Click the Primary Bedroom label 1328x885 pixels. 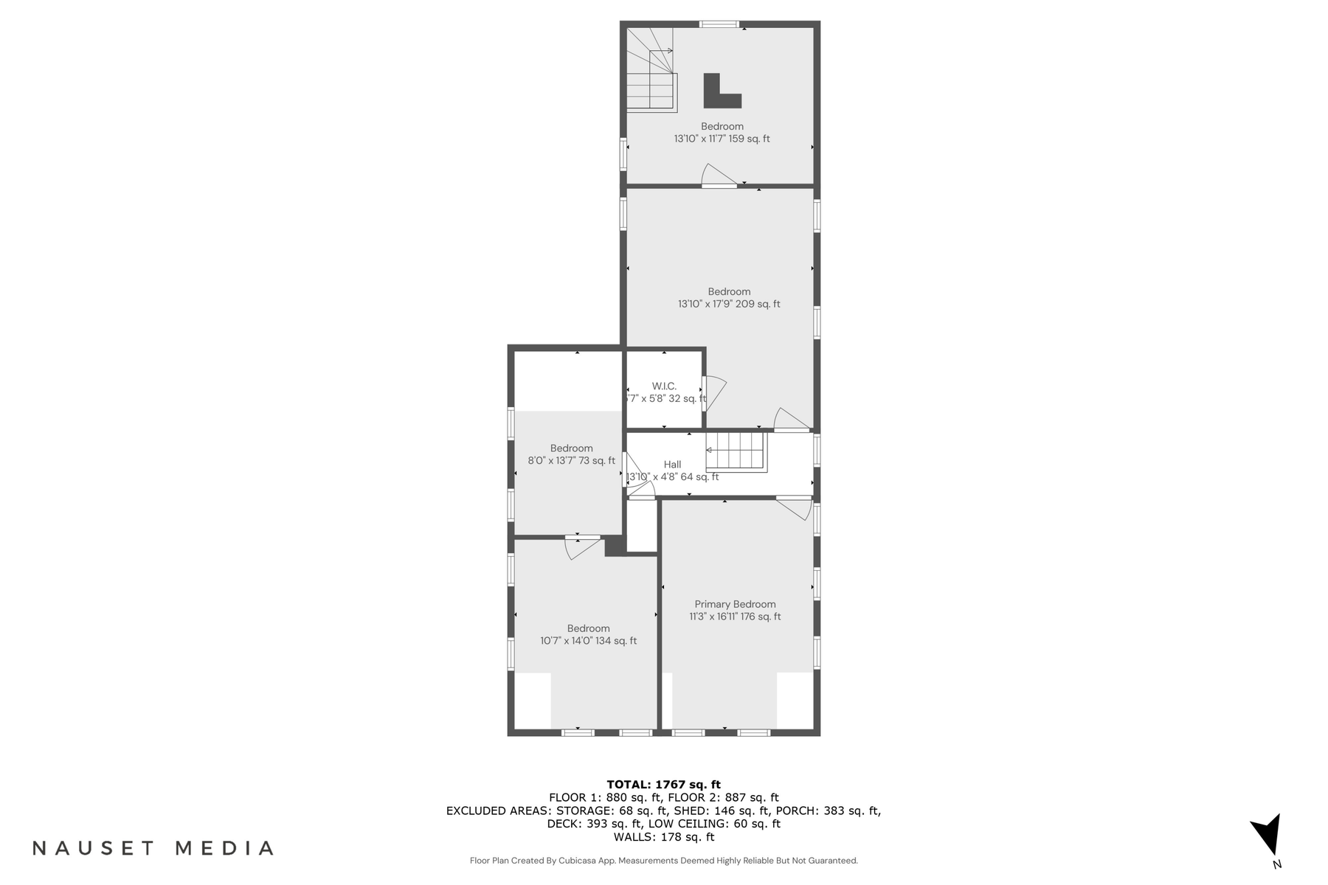click(x=735, y=604)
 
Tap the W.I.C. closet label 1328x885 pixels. click(x=664, y=386)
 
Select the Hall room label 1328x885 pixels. click(x=672, y=465)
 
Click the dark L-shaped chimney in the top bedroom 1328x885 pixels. click(x=719, y=92)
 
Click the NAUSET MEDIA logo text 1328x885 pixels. click(x=153, y=848)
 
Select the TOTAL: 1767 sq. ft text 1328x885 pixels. click(x=663, y=785)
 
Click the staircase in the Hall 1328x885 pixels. click(x=736, y=451)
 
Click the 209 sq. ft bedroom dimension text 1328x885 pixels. click(x=729, y=304)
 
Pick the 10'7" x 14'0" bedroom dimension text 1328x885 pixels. click(x=588, y=641)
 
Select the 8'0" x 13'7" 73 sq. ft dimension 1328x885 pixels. click(x=571, y=461)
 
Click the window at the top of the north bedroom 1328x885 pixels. click(x=719, y=24)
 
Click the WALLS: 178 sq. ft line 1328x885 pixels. click(x=663, y=837)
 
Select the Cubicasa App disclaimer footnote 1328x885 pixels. click(x=663, y=861)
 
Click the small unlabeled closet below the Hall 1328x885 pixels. click(x=641, y=526)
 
